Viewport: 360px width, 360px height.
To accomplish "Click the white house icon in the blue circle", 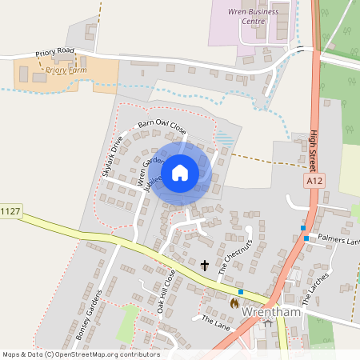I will tap(180, 172).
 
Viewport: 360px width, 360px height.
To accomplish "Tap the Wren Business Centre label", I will tap(255, 16).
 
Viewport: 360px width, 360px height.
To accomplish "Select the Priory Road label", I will tap(54, 53).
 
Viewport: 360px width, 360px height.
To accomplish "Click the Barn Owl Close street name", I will tap(162, 126).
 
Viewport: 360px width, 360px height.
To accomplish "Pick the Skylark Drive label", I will tap(112, 155).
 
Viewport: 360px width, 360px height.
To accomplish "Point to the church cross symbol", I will tap(204, 265).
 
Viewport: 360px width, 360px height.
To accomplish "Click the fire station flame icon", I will tap(234, 303).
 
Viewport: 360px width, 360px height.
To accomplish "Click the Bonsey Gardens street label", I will tap(90, 314).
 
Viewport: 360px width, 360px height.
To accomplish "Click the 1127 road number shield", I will tap(10, 211).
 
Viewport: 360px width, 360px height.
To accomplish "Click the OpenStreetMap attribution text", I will tap(80, 354).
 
